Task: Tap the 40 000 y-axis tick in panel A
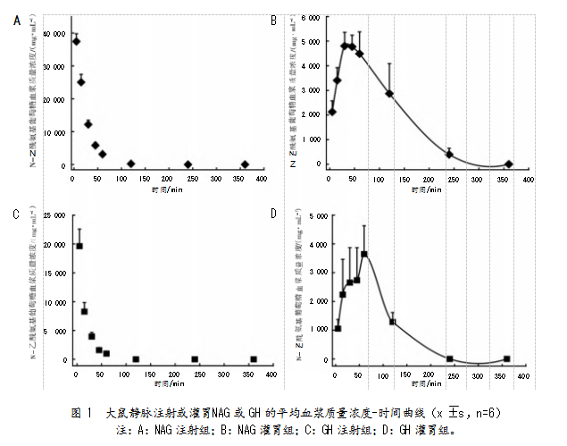(x=53, y=33)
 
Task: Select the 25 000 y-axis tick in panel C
(x=53, y=215)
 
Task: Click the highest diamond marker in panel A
(x=76, y=41)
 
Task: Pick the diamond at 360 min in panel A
(x=245, y=164)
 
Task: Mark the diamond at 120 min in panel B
(x=389, y=93)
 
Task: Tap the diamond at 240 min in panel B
(x=449, y=155)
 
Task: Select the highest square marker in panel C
(x=79, y=246)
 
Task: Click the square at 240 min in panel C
(x=195, y=359)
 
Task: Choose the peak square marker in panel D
(x=364, y=254)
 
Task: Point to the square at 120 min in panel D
(x=392, y=322)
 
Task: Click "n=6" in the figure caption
(x=483, y=413)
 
